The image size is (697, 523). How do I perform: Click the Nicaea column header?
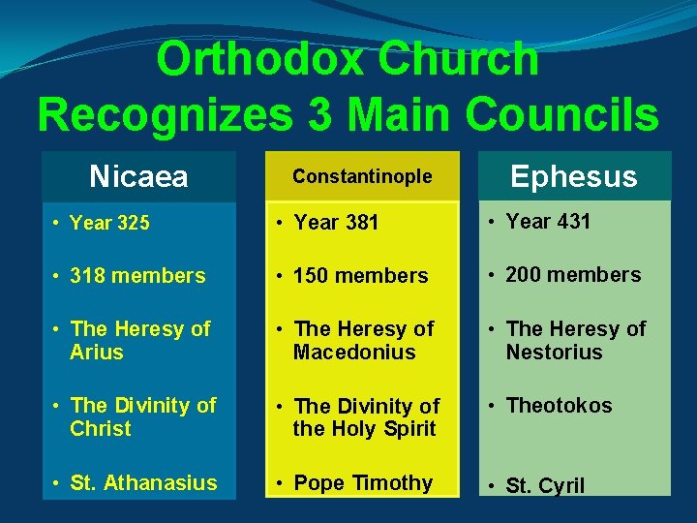click(x=138, y=176)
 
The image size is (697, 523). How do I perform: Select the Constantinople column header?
click(x=362, y=176)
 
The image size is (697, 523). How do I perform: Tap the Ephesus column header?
click(x=573, y=176)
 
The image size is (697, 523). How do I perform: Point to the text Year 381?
click(x=336, y=223)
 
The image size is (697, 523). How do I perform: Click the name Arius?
click(x=97, y=353)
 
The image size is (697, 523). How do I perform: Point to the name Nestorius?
click(x=554, y=353)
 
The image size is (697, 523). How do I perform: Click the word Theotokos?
click(x=559, y=406)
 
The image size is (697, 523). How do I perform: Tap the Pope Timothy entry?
click(x=363, y=482)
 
